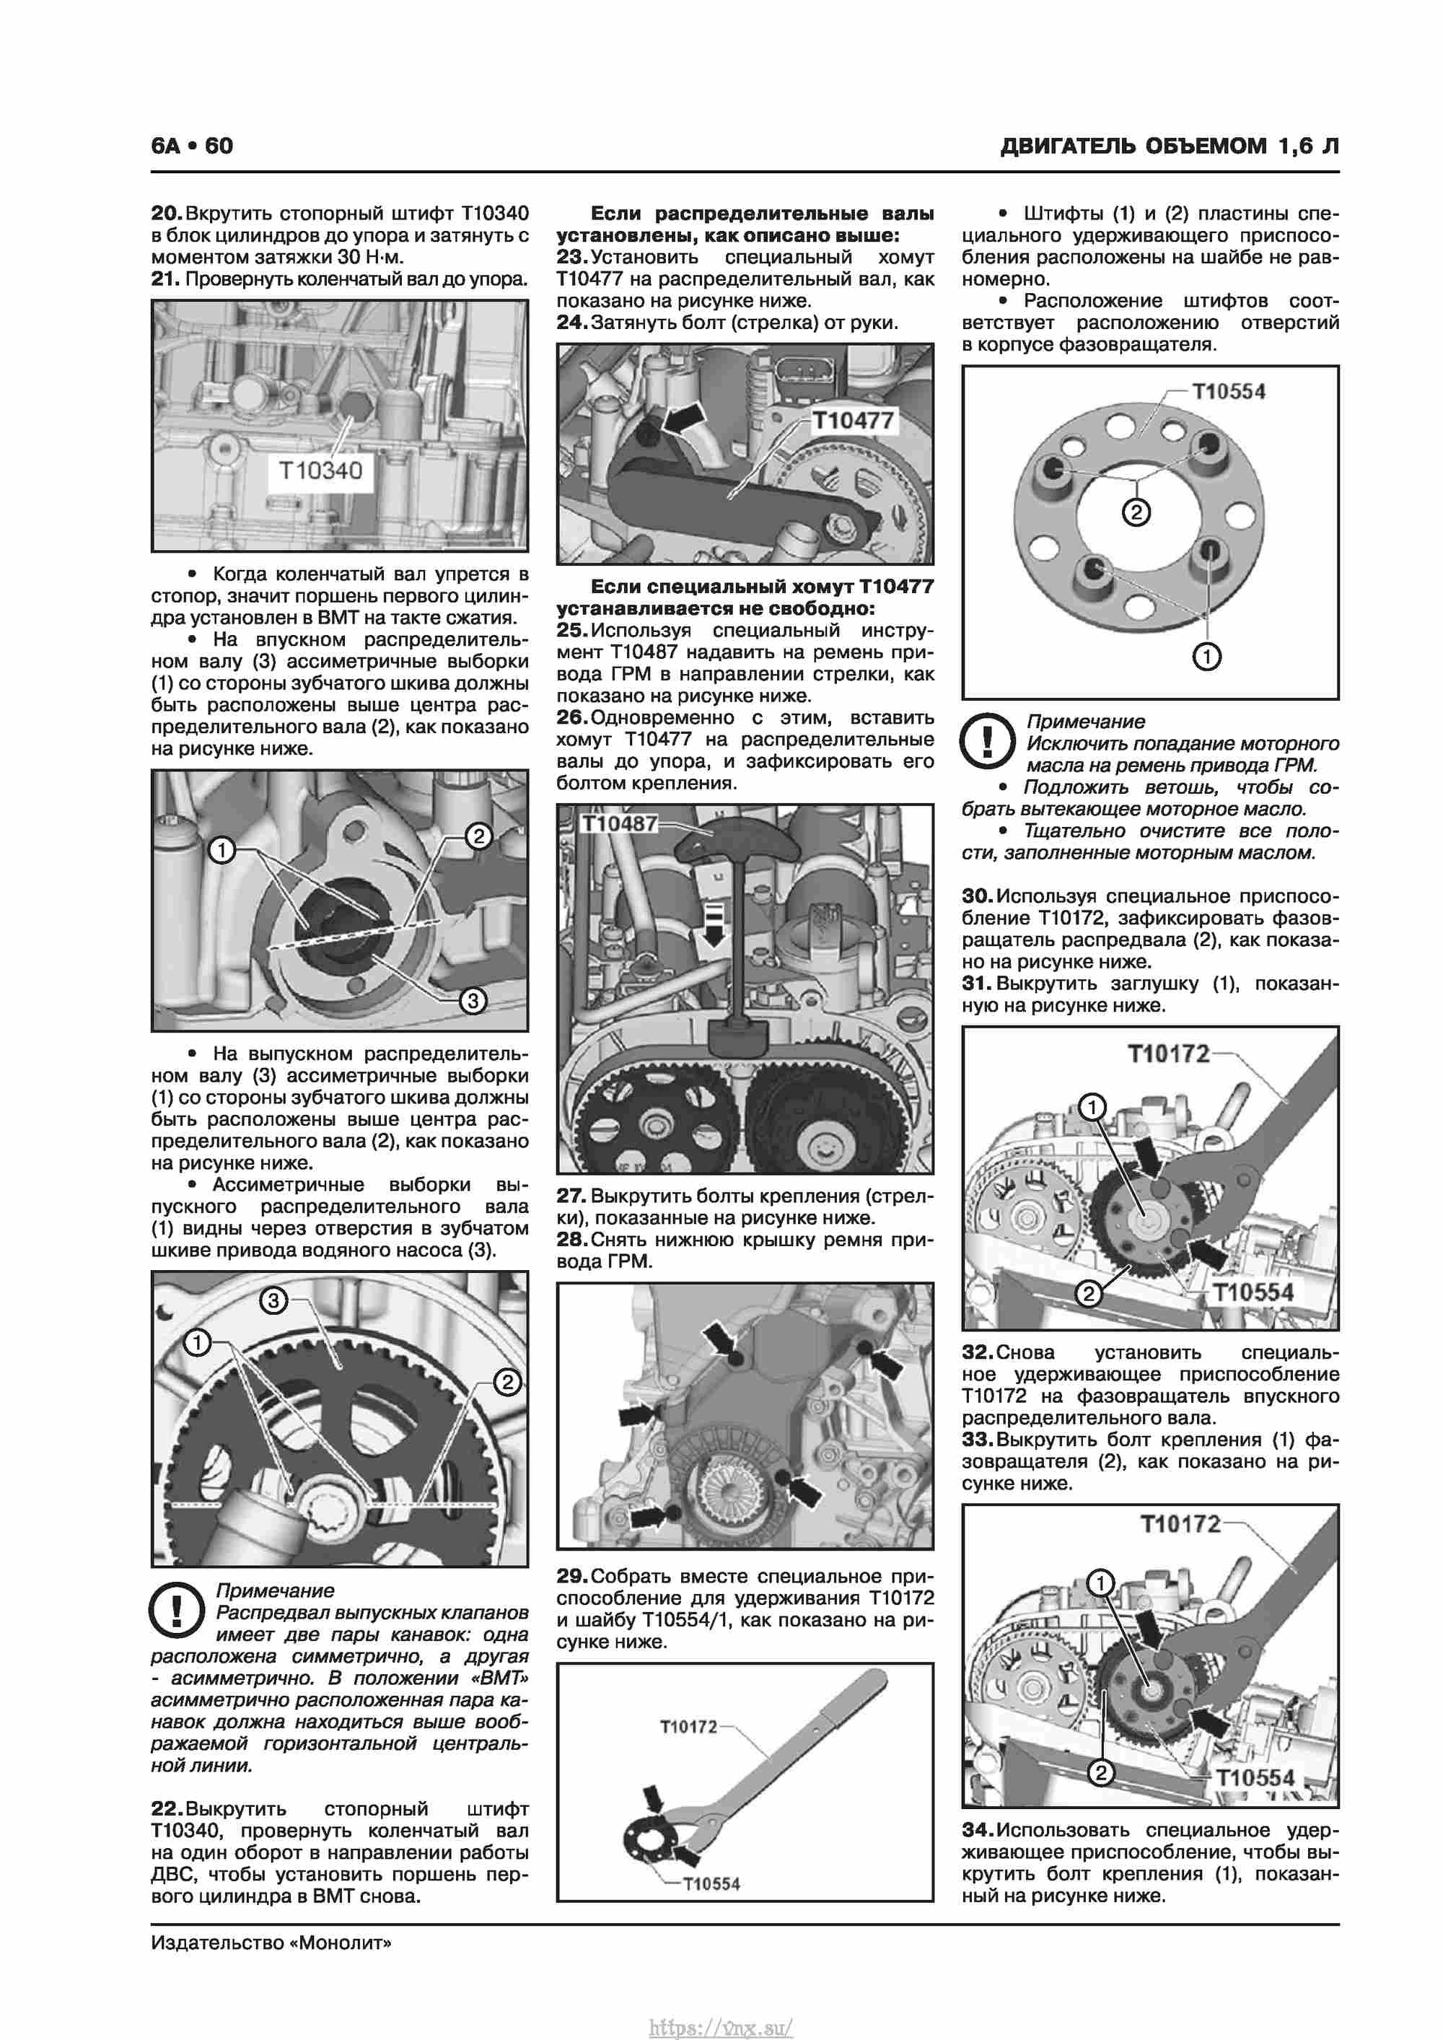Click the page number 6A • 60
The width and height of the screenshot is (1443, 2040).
(192, 146)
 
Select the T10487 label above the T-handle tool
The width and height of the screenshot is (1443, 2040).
(619, 823)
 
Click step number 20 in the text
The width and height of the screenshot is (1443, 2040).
(166, 214)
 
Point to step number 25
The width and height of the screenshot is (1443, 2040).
(572, 630)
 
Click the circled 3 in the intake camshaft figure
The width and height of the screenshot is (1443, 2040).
(473, 1000)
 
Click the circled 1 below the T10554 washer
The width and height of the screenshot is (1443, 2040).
(1206, 657)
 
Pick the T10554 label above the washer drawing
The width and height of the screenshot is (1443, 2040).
(1228, 392)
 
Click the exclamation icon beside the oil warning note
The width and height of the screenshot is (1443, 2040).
(987, 741)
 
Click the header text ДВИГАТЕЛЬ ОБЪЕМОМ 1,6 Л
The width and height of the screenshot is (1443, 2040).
(1170, 146)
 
